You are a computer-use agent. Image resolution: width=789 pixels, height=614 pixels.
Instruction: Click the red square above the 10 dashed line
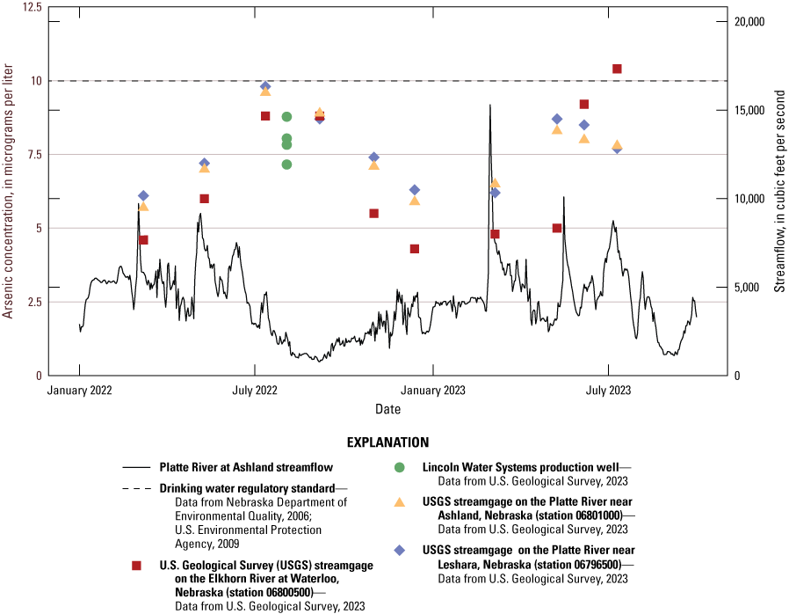[617, 69]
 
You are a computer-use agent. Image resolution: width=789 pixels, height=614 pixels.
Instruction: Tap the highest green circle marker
[286, 117]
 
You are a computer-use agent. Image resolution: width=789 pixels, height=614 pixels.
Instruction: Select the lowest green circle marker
[286, 164]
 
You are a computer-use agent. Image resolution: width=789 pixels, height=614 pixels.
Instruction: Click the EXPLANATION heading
[387, 442]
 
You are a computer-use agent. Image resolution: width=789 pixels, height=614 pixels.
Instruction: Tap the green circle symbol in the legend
[399, 467]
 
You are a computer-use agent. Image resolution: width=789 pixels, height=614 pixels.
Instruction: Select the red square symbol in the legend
[135, 566]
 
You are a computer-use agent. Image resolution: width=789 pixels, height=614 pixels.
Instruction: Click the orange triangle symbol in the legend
[399, 502]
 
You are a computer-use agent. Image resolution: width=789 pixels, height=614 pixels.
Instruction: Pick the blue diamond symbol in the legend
[399, 550]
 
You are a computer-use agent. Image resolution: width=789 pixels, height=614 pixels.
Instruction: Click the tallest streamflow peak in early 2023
[489, 106]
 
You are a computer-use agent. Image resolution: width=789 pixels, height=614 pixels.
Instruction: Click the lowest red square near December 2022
[415, 249]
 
